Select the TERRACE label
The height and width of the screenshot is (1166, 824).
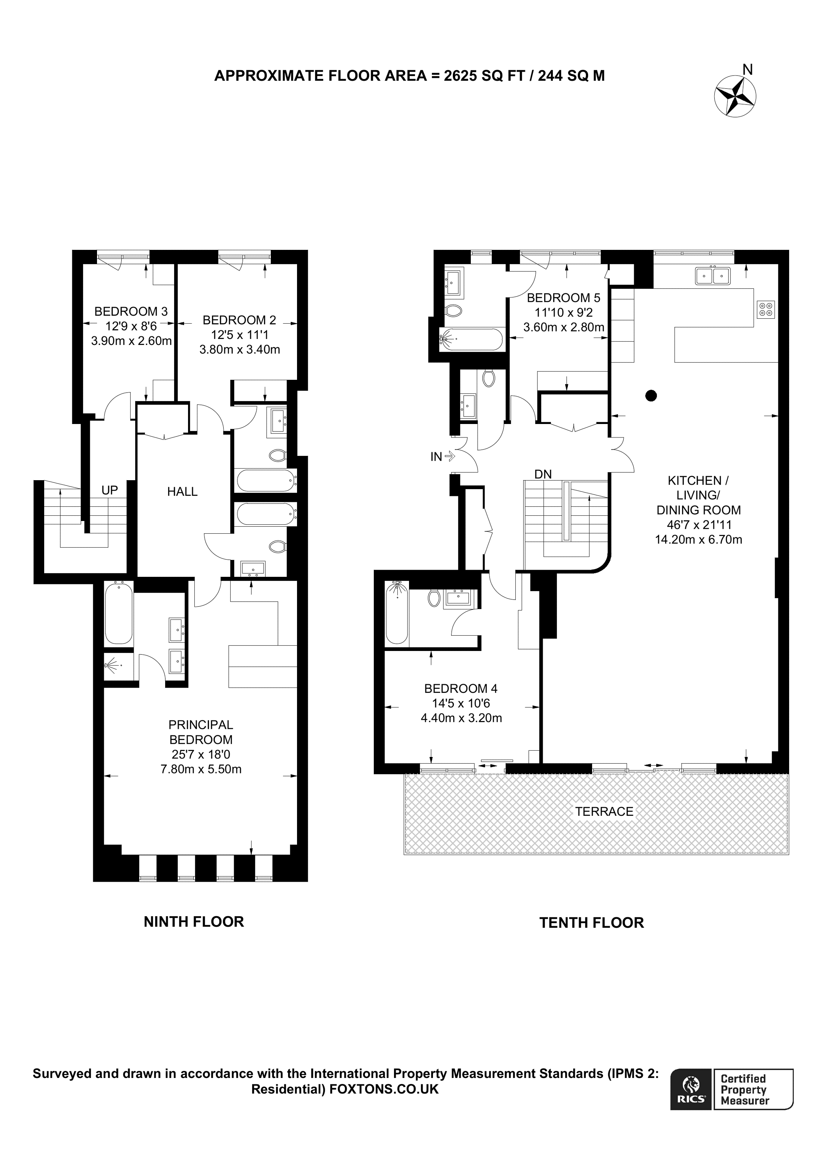(604, 812)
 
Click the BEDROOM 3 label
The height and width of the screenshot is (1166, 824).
(131, 311)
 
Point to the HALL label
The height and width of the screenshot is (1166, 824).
(182, 491)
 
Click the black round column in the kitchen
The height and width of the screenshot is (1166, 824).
(651, 395)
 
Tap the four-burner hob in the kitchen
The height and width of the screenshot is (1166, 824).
(766, 309)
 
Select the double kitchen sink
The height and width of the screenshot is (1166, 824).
(713, 276)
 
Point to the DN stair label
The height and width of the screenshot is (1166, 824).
(543, 474)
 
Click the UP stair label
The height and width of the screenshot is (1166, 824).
(110, 490)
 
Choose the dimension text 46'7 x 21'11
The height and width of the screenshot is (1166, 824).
(699, 525)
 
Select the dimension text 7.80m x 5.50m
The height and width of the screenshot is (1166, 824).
(201, 769)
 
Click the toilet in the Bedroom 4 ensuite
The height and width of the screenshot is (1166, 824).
(434, 598)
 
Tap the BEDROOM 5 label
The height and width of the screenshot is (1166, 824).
(564, 298)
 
